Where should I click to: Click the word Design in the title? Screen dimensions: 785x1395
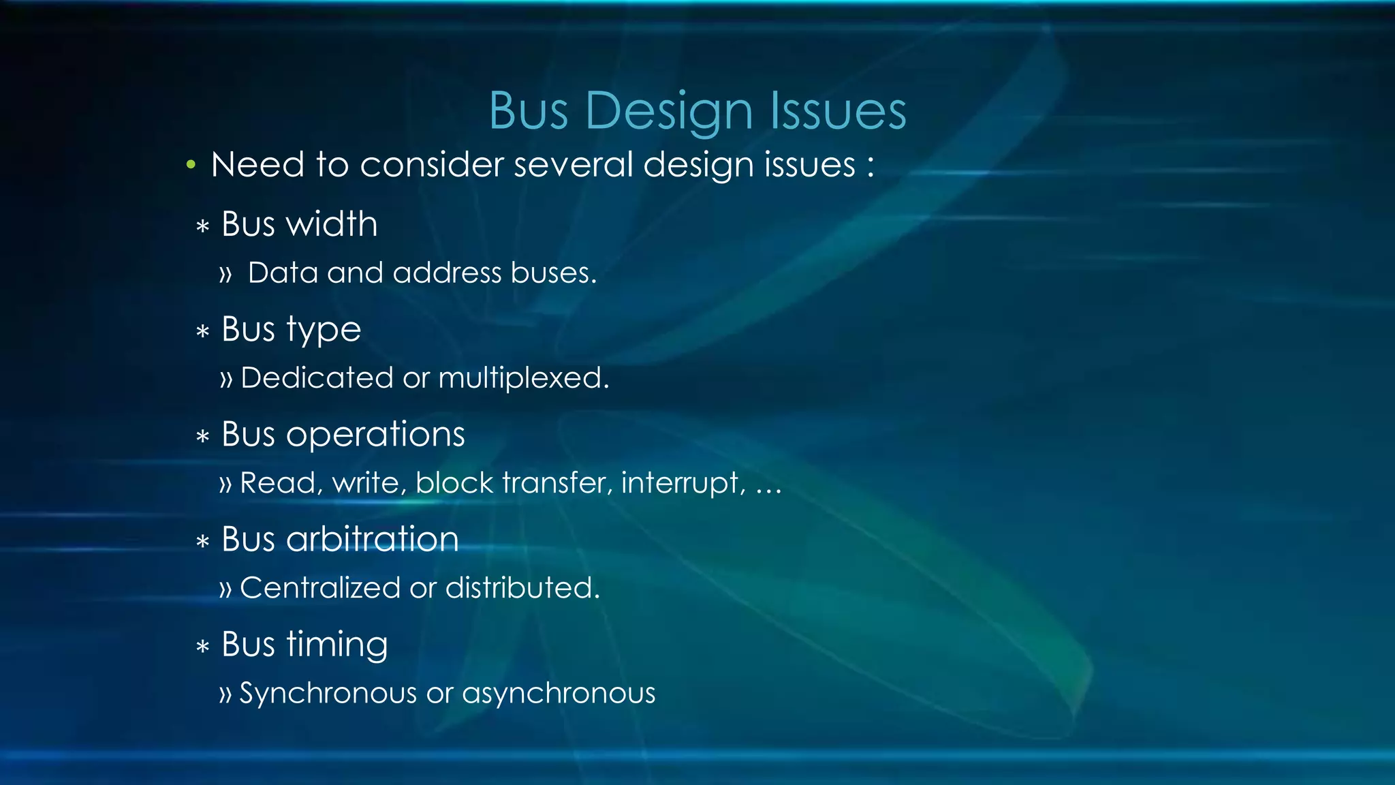click(x=669, y=110)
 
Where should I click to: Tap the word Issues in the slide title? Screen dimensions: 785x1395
click(x=838, y=110)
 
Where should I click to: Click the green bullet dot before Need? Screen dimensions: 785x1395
click(x=191, y=164)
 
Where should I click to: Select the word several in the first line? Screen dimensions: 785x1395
click(x=572, y=165)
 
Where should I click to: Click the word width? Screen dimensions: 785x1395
click(x=331, y=224)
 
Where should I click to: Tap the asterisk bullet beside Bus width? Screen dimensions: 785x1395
click(x=202, y=226)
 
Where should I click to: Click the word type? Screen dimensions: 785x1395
click(x=324, y=330)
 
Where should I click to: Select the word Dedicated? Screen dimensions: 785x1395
click(x=317, y=378)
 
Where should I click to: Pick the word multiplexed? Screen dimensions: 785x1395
click(x=523, y=378)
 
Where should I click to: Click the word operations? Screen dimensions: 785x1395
click(x=375, y=435)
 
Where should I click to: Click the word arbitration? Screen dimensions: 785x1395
click(x=372, y=540)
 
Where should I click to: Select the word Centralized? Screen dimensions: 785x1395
click(x=319, y=587)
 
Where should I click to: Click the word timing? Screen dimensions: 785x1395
click(x=337, y=645)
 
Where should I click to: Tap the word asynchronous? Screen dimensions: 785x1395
click(x=559, y=694)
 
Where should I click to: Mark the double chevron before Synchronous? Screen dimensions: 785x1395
click(x=226, y=694)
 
